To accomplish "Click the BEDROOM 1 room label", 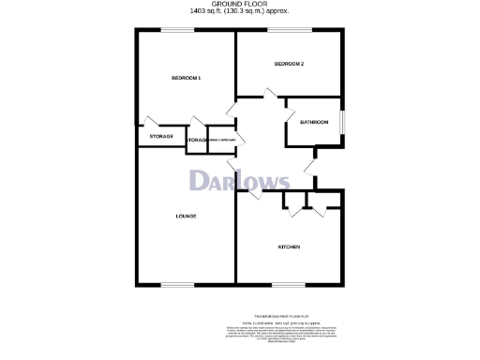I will point(186,77).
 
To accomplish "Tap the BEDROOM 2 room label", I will point(289,64).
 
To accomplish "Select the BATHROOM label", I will point(313,123).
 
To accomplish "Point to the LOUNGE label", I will point(186,217).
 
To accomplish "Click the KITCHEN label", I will point(288,247).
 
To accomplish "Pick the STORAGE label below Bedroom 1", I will point(161,138).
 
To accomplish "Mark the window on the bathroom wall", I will point(342,123).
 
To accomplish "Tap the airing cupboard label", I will point(226,139).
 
